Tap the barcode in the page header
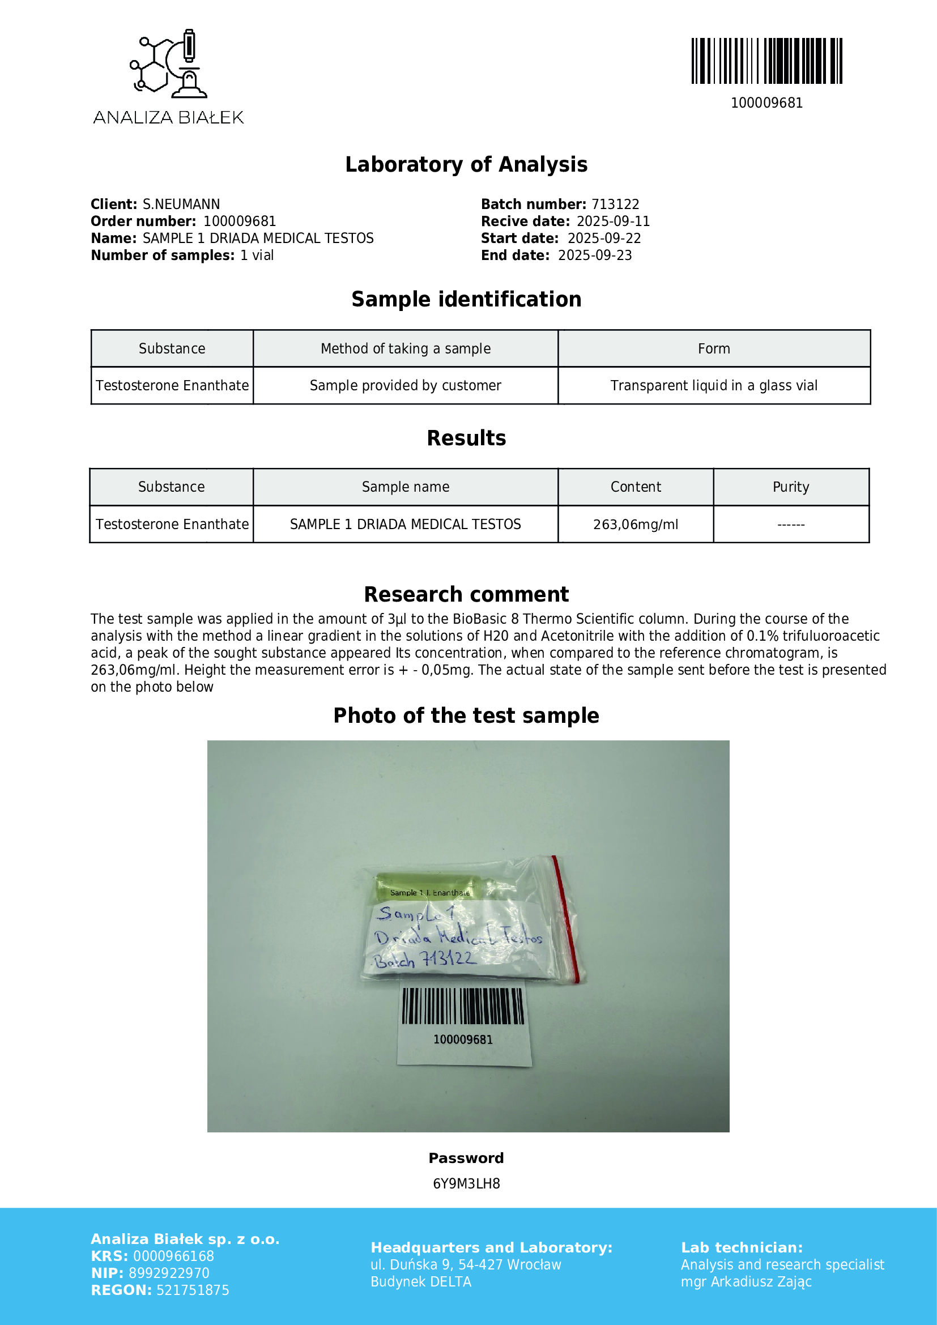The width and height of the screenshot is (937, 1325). pyautogui.click(x=766, y=61)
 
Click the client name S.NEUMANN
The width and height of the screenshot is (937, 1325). pyautogui.click(x=181, y=204)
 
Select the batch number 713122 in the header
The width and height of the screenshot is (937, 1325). pyautogui.click(x=615, y=204)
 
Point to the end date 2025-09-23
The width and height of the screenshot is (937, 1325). pyautogui.click(x=595, y=255)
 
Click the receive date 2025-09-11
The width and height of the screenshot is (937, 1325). pyautogui.click(x=614, y=221)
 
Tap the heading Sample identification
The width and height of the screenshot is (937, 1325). pyautogui.click(x=466, y=300)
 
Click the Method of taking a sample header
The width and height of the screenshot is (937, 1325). pyautogui.click(x=406, y=348)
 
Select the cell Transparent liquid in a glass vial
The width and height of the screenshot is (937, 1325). pyautogui.click(x=714, y=386)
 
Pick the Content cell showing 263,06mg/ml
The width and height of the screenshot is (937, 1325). pyautogui.click(x=635, y=525)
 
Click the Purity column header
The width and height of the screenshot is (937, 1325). pyautogui.click(x=790, y=487)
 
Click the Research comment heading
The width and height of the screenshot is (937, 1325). pyautogui.click(x=466, y=594)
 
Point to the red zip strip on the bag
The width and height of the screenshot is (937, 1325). pyautogui.click(x=565, y=918)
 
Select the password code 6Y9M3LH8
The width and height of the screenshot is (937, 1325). pyautogui.click(x=466, y=1184)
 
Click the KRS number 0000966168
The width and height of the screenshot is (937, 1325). pyautogui.click(x=174, y=1256)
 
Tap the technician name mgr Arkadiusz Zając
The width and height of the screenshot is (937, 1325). pyautogui.click(x=746, y=1282)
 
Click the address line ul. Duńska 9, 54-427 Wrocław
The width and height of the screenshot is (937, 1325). pyautogui.click(x=466, y=1265)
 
